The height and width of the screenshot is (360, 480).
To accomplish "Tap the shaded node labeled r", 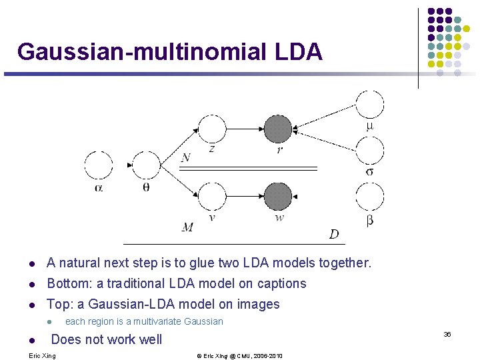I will [278, 129].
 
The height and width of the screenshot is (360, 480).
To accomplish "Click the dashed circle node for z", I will [212, 129].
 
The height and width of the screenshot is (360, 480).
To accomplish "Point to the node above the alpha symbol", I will [99, 165].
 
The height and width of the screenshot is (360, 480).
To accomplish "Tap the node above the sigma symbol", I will [369, 151].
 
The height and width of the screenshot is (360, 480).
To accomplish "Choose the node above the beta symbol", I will [369, 197].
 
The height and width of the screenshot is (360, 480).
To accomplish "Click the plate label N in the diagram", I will [186, 157].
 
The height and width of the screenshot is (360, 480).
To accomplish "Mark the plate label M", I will [187, 227].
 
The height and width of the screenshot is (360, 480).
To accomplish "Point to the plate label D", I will [333, 234].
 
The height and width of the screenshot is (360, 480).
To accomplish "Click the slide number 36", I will [447, 333].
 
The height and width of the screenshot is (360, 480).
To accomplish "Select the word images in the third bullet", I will [258, 304].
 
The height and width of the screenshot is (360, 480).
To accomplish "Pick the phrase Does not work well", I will [107, 339].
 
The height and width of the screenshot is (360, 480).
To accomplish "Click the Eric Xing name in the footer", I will [43, 355].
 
